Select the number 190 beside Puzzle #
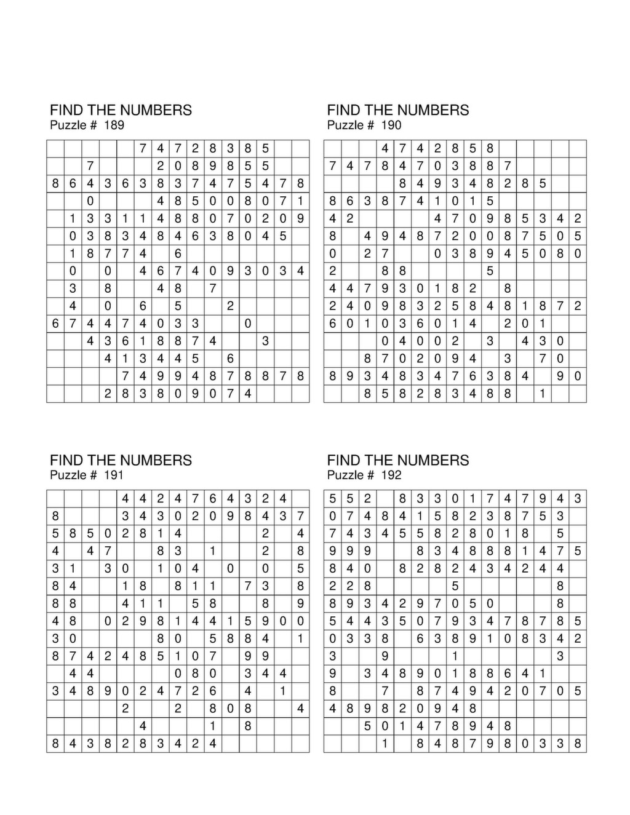click(391, 125)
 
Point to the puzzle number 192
click(391, 475)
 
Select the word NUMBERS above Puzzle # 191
click(156, 461)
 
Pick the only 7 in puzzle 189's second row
click(90, 166)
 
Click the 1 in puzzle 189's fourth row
click(300, 201)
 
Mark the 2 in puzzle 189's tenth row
click(230, 306)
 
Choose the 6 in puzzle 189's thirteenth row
click(230, 359)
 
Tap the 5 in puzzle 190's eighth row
click(490, 271)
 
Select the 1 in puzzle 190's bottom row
click(543, 394)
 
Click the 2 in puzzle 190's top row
click(437, 149)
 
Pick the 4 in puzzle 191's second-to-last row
click(143, 726)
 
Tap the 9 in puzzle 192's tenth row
click(385, 656)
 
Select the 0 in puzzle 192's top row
click(455, 499)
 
